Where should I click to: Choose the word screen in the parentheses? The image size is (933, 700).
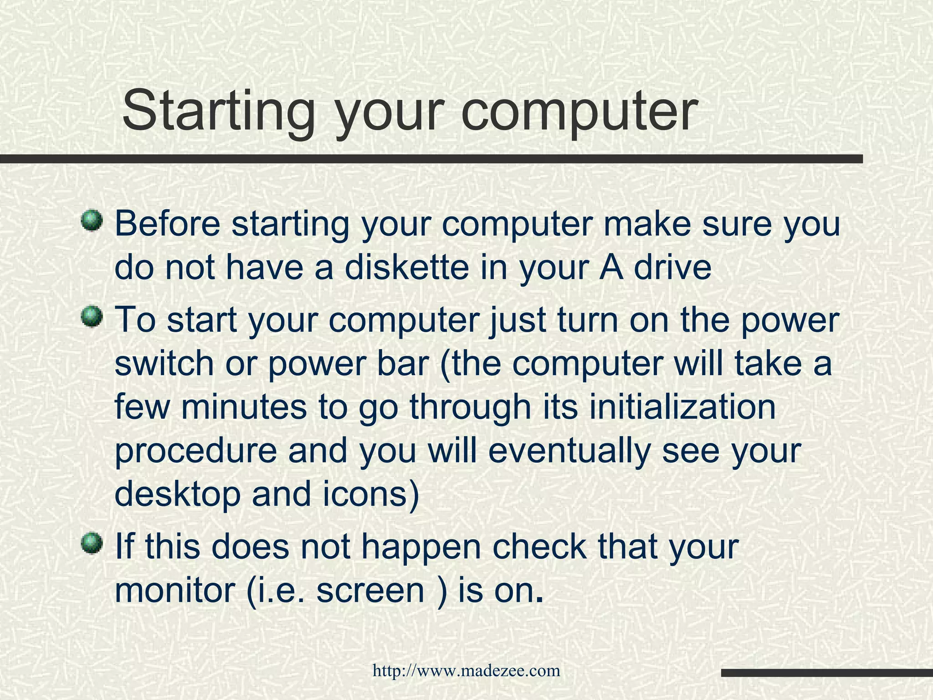click(370, 590)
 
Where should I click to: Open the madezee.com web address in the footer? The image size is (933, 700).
click(466, 670)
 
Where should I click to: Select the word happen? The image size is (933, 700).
click(421, 547)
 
